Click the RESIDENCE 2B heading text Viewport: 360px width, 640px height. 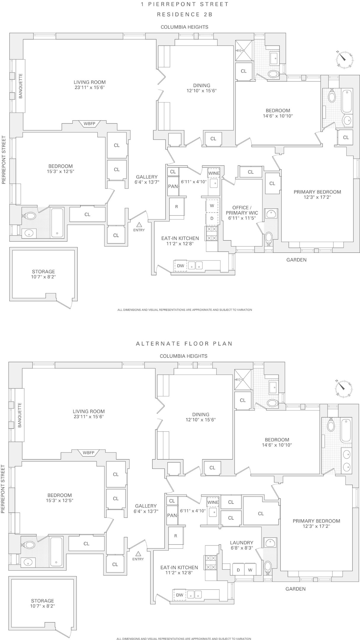pyautogui.click(x=185, y=14)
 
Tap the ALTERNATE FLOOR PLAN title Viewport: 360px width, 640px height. pyautogui.click(x=184, y=343)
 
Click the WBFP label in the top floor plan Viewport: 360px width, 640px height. pyautogui.click(x=89, y=124)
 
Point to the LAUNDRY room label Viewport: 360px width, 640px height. pyautogui.click(x=241, y=545)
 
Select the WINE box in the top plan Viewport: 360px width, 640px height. pyautogui.click(x=214, y=173)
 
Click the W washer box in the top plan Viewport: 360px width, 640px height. pyautogui.click(x=212, y=206)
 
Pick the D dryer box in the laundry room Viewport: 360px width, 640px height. pyautogui.click(x=238, y=570)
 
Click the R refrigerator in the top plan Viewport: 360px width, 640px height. pyautogui.click(x=177, y=207)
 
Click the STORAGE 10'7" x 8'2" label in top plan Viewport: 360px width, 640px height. pyautogui.click(x=44, y=274)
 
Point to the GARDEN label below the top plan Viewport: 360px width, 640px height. pyautogui.click(x=296, y=260)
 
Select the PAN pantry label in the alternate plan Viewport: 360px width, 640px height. pyautogui.click(x=172, y=515)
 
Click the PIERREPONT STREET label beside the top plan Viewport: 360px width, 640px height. pyautogui.click(x=4, y=160)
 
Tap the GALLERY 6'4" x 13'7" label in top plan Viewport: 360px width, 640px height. pyautogui.click(x=147, y=180)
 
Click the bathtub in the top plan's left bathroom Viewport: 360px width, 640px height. pyautogui.click(x=57, y=223)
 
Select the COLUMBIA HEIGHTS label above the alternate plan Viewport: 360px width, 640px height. pyautogui.click(x=183, y=356)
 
